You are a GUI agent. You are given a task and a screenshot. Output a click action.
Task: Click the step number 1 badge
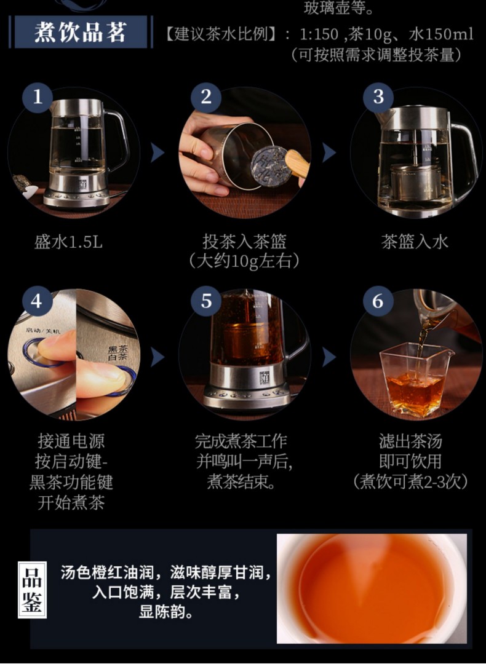[38, 97]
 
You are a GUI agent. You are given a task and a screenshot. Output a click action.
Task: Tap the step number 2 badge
[206, 97]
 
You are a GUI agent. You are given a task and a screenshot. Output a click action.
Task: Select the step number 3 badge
[378, 97]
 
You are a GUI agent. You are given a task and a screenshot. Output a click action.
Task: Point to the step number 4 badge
[38, 301]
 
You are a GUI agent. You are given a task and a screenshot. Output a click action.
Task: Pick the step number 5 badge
[206, 301]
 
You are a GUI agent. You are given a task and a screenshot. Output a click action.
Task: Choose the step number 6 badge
[378, 301]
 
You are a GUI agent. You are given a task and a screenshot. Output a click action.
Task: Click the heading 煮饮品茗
[81, 32]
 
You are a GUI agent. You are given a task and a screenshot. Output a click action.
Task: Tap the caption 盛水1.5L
[68, 242]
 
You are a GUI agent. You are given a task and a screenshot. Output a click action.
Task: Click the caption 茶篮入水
[415, 242]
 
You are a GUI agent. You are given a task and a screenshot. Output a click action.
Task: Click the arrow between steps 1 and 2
[157, 153]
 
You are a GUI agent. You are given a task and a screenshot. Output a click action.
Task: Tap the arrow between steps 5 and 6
[329, 357]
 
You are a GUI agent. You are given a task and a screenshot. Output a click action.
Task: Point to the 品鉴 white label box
[32, 590]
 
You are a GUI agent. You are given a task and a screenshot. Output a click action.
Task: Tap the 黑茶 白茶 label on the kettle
[118, 353]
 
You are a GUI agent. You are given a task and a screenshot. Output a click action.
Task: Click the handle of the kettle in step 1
[118, 138]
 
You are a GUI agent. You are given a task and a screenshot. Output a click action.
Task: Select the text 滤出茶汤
[410, 441]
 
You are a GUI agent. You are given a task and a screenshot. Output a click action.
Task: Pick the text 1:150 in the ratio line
[319, 34]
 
